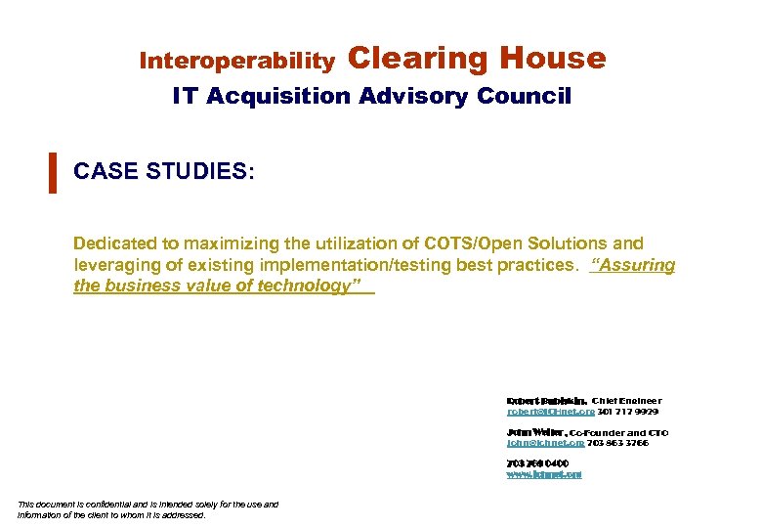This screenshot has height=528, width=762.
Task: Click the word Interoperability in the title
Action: [236, 62]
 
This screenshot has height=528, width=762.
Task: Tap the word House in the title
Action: [553, 59]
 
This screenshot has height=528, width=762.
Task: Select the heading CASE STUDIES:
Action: [164, 172]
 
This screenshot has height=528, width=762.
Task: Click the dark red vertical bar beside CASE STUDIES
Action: [52, 172]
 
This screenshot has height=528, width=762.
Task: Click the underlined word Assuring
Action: [634, 265]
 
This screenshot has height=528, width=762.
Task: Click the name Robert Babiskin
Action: [546, 401]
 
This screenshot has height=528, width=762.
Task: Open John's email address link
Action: [545, 443]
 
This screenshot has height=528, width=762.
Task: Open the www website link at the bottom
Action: [544, 474]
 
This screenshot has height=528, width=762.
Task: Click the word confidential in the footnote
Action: [99, 505]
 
